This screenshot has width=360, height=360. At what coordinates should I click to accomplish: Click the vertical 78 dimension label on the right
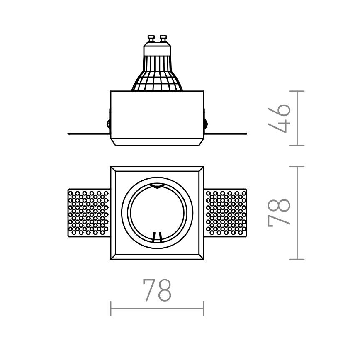coord(279,212)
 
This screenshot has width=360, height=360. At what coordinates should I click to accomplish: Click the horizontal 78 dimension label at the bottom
coord(157,290)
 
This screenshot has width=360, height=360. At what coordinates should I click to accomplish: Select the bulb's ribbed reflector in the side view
coord(157,77)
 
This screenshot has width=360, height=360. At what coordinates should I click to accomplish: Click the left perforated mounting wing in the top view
coord(88,212)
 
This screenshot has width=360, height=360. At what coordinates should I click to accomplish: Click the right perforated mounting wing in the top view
coord(226,212)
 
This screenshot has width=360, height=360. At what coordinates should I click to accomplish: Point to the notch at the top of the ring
coord(157,186)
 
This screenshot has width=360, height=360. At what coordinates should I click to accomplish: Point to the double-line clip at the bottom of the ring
coord(157,237)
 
